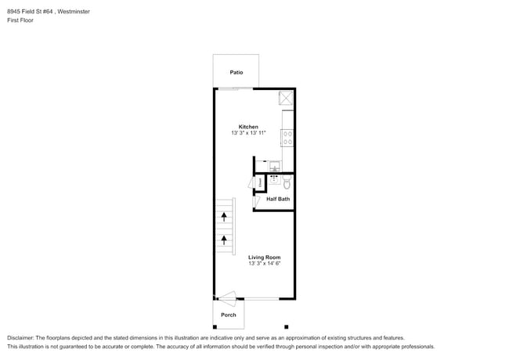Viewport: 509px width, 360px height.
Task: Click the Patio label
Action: point(236,72)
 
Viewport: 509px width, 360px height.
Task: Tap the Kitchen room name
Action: point(248,127)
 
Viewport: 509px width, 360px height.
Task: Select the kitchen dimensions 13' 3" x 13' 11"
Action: point(248,134)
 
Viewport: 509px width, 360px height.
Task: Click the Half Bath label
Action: point(278,199)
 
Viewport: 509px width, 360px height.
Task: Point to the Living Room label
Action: point(265,257)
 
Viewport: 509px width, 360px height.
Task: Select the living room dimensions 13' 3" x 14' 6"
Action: point(265,264)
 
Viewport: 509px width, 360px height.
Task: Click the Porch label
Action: point(228,315)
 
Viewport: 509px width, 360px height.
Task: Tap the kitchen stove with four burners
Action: point(287,139)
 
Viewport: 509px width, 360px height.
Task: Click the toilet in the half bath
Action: point(287,183)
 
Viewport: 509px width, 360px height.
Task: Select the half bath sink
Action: point(274,178)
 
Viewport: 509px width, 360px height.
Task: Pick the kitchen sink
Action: point(274,165)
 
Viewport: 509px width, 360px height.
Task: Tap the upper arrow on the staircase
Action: point(224,214)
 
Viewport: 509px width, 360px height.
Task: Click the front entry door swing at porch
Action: point(226,297)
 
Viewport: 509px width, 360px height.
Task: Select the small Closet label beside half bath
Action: point(261,182)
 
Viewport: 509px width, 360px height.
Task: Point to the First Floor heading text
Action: point(21,21)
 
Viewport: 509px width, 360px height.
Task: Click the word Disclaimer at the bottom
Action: point(21,337)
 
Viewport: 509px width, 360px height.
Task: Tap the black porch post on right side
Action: point(287,326)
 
